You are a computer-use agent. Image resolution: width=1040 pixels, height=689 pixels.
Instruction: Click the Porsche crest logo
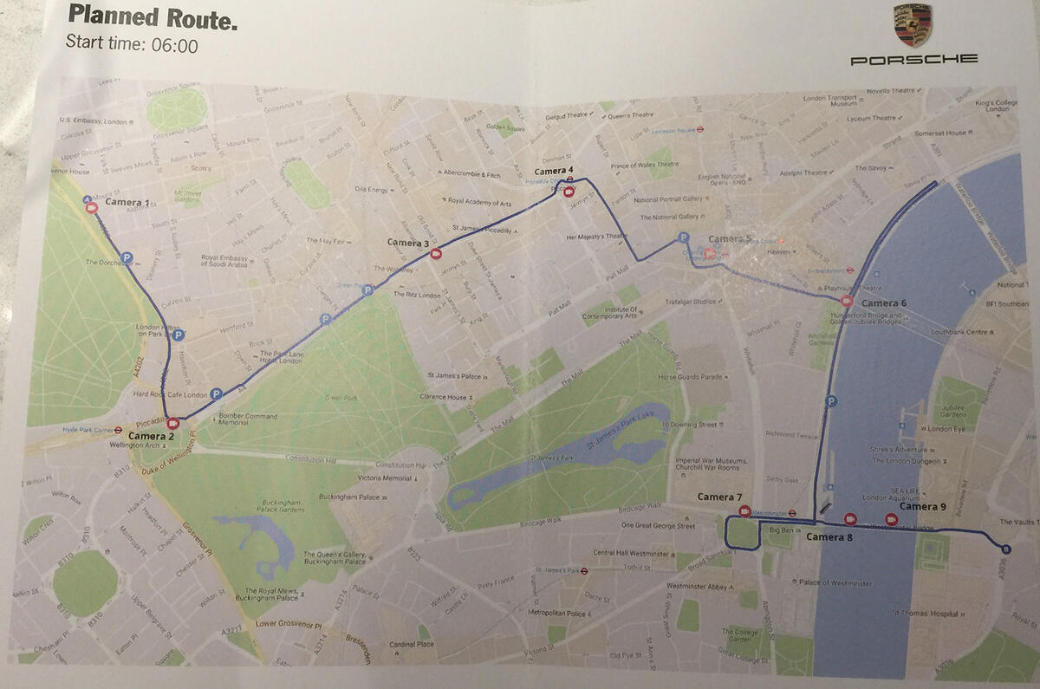[913, 25]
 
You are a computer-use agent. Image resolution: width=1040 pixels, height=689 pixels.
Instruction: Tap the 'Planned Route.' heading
[152, 16]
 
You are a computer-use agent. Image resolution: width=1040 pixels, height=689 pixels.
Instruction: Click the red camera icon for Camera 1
[92, 208]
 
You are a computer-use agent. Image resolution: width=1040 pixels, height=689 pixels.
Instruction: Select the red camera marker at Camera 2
[173, 423]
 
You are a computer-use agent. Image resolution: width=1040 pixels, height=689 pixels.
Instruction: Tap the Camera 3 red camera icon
[437, 254]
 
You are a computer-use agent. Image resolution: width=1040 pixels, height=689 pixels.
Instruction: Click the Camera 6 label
[884, 302]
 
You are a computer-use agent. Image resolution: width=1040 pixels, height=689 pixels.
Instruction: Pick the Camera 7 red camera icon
[744, 510]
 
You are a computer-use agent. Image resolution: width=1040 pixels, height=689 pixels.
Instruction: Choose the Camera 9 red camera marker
[891, 519]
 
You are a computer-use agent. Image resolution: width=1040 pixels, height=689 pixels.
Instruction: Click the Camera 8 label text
[829, 538]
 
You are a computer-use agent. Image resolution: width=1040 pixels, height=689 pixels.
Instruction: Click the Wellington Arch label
[135, 445]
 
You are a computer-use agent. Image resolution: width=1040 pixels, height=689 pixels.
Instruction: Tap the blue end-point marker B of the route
[1004, 549]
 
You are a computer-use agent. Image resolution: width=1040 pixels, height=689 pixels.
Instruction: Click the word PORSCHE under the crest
[913, 59]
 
